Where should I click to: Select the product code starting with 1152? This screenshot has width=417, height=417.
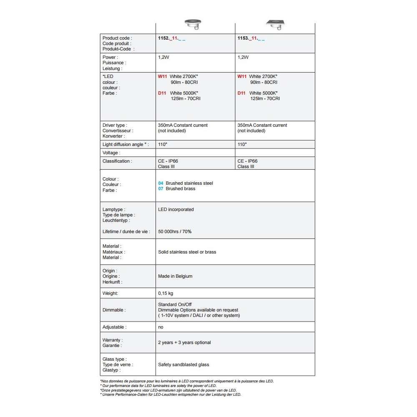click(171, 38)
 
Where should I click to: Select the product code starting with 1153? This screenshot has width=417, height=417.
click(251, 38)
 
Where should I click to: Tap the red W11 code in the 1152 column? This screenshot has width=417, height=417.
click(162, 77)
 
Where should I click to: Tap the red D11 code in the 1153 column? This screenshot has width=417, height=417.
click(241, 93)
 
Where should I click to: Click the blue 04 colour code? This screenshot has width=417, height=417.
click(161, 183)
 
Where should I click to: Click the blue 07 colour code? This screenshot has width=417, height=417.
click(161, 188)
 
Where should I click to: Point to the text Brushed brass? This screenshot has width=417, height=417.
click(181, 188)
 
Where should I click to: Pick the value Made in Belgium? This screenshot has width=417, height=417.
click(175, 276)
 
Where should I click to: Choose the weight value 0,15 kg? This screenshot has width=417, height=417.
click(166, 293)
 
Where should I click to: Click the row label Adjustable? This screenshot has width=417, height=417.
click(114, 327)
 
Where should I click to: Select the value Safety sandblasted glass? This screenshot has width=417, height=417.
click(183, 364)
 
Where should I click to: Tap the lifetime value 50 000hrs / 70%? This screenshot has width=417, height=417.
click(175, 231)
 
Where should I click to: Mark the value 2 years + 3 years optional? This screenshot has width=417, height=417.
click(184, 342)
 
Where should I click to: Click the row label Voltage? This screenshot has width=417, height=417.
click(111, 153)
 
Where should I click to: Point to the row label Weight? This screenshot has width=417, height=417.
click(110, 293)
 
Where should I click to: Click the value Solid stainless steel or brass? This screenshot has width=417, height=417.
click(187, 252)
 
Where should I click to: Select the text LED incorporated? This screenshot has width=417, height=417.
click(176, 209)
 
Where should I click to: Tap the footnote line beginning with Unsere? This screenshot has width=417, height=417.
click(171, 394)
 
